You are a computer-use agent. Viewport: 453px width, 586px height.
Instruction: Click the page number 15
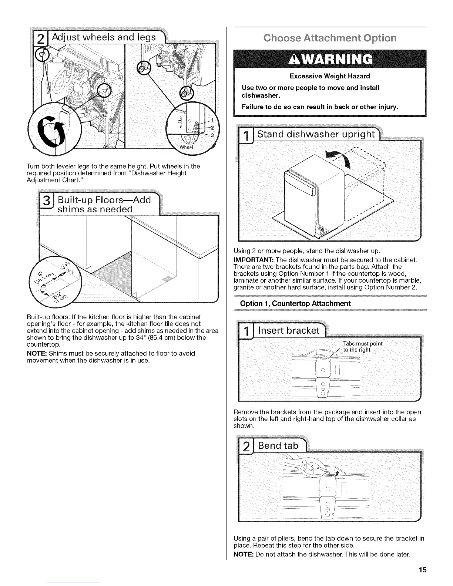point(423,569)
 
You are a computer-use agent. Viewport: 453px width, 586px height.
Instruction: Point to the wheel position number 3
point(212,135)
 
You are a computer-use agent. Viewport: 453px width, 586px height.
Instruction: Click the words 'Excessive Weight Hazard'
point(330,76)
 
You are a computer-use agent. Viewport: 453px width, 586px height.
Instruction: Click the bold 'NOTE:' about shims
point(36,353)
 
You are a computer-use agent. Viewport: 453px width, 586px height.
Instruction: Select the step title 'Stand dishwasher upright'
point(316,134)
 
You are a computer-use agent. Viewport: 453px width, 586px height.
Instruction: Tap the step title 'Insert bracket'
point(288,330)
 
